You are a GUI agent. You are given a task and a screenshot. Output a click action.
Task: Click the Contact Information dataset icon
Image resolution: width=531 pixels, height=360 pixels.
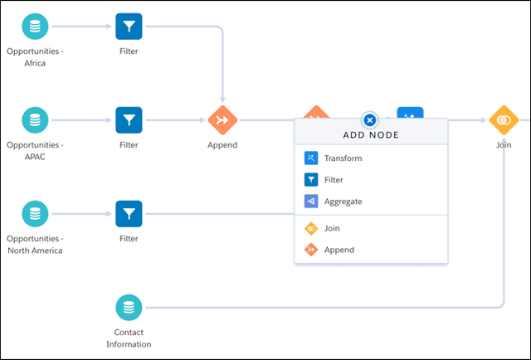129,308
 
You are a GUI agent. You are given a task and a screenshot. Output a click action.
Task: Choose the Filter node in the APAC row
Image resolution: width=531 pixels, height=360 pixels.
129,119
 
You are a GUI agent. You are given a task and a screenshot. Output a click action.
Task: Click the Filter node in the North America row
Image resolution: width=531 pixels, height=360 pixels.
129,214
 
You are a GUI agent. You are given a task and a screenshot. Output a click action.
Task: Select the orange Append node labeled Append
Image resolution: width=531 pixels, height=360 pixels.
222,119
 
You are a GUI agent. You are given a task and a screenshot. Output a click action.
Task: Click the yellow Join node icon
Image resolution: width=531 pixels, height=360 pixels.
503,119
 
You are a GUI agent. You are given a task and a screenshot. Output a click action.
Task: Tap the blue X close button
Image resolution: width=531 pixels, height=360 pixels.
371,119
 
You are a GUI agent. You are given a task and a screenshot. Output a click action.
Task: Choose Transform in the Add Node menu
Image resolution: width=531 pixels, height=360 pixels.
343,158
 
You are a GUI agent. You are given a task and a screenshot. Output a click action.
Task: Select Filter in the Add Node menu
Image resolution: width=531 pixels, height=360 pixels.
334,179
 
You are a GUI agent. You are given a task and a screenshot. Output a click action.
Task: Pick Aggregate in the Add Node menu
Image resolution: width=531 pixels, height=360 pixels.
343,201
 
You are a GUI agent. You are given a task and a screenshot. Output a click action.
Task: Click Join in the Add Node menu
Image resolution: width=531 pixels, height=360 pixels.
332,228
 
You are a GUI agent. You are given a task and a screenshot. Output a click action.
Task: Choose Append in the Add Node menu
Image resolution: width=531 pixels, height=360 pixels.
339,250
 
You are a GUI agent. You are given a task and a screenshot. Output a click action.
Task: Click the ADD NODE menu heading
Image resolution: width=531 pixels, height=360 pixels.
371,135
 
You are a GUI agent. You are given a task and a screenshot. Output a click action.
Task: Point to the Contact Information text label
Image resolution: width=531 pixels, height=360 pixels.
129,338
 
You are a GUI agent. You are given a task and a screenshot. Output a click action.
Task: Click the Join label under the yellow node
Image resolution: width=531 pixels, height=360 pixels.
503,144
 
